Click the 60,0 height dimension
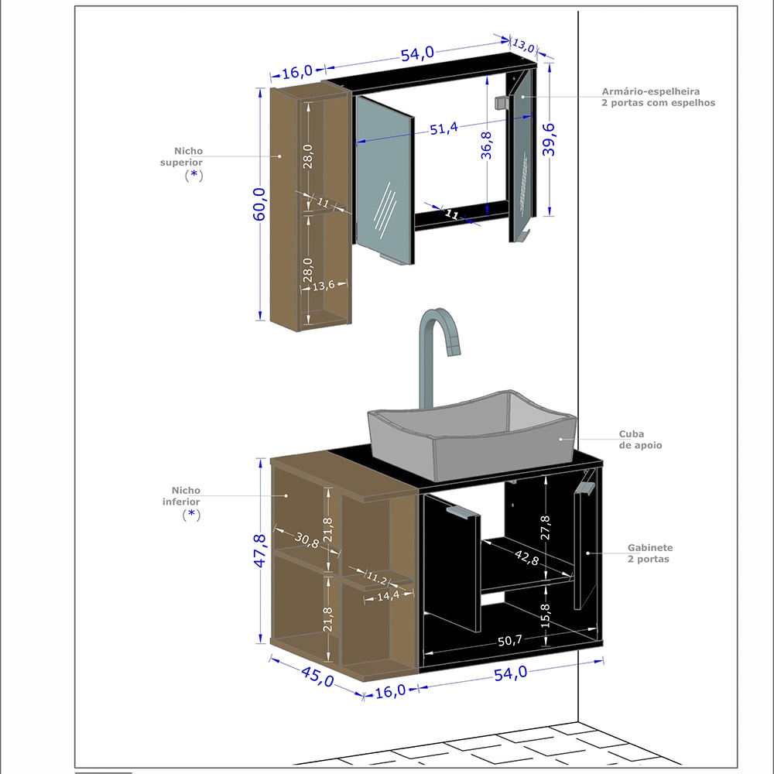point(259,204)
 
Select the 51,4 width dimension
point(444,128)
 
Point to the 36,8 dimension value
point(486,146)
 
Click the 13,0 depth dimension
point(524,45)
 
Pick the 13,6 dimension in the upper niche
point(323,286)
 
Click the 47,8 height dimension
point(260,550)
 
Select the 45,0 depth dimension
point(317,675)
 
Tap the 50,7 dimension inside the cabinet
point(509,640)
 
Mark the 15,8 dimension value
point(546,613)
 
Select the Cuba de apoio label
point(639,440)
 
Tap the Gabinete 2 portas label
point(649,553)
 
